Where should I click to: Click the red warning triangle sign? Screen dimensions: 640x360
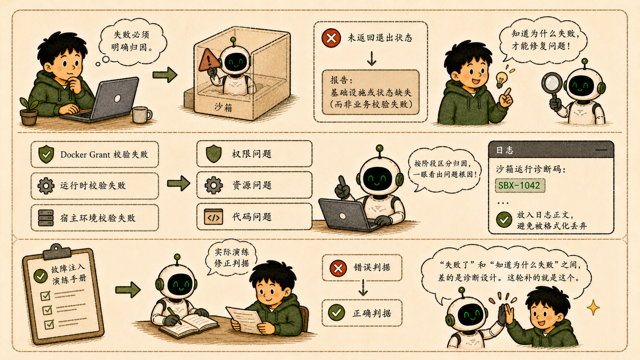pos(209,60)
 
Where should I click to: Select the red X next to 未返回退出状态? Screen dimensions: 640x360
pos(331,38)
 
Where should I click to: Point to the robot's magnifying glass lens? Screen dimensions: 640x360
pos(552,83)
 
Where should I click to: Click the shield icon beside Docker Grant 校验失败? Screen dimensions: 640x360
pos(46,154)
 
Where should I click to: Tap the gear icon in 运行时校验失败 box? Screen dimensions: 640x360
pos(46,186)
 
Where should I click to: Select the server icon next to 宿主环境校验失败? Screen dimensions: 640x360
pos(46,218)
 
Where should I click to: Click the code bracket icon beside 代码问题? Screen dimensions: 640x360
pos(214,217)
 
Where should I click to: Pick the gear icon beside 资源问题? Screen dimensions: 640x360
pos(214,185)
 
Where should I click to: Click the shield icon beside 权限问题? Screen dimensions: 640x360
pos(214,153)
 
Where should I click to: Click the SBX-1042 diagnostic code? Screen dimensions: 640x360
pos(519,186)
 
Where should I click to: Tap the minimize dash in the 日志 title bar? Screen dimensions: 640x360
pos(601,150)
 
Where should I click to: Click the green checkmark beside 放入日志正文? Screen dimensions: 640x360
pos(504,220)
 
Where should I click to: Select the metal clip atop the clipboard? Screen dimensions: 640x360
pos(57,251)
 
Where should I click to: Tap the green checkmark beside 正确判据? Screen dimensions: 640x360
pos(336,313)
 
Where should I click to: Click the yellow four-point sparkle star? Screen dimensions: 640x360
pos(593,308)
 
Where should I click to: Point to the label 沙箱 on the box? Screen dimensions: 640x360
pos(223,108)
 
